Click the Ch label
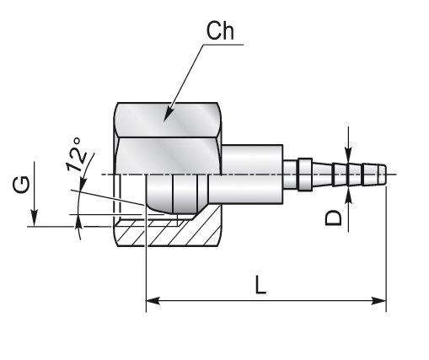point(220,31)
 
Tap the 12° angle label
point(77,154)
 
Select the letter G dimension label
point(21,185)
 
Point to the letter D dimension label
point(334,218)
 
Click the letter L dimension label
point(260,285)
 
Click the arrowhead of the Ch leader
point(168,115)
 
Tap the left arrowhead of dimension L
point(153,301)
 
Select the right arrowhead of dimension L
point(378,301)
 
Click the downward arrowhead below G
point(35,218)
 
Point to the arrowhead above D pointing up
point(348,196)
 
